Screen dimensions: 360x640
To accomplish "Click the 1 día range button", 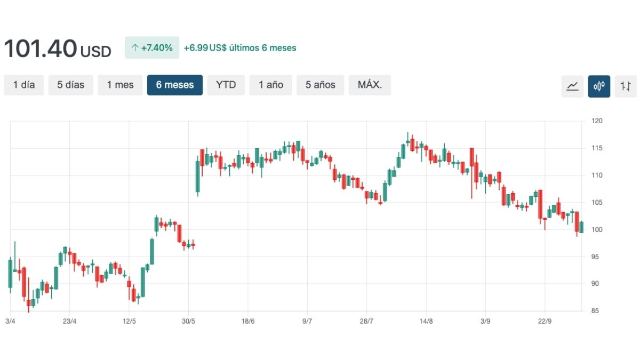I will click(24, 85).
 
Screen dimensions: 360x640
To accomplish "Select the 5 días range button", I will click(71, 85).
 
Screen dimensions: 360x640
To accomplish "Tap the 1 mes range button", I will click(120, 85).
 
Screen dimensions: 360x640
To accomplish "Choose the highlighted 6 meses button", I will click(175, 85).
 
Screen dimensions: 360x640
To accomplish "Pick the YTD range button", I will click(226, 85).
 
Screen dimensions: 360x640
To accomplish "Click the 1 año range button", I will click(271, 85).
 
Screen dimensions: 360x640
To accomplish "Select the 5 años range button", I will click(321, 85).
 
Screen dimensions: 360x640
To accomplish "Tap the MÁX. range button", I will click(370, 85).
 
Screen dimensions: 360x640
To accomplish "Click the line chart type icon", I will click(572, 86).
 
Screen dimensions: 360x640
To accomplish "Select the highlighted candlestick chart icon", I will click(599, 86).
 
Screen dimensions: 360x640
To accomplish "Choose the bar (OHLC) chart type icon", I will click(626, 86).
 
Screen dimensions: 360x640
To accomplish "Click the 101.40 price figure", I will click(40, 49).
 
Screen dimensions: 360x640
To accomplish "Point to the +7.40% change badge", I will click(152, 47).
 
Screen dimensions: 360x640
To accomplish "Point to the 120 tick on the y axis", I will click(597, 121).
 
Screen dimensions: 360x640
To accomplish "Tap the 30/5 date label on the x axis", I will click(188, 321).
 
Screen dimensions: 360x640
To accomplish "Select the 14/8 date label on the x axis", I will click(426, 321).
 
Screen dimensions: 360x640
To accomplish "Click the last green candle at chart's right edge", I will click(581, 227).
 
